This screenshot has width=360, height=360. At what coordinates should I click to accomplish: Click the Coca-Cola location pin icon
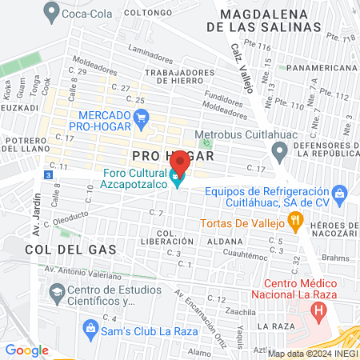(53, 11)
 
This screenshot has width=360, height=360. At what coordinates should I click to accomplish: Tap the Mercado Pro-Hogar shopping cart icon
(142, 120)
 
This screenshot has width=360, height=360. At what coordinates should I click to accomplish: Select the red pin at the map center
(179, 163)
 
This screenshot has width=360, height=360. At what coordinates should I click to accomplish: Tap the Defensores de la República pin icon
(279, 150)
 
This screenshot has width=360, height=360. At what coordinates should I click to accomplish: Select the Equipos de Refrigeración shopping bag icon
(340, 193)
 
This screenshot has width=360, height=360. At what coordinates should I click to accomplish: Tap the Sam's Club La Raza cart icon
(90, 326)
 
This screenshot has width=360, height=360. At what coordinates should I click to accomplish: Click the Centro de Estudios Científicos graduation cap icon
(57, 295)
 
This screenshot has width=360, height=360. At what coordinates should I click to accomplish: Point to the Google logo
(27, 350)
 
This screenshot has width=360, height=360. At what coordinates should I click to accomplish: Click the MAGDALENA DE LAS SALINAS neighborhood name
(271, 21)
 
